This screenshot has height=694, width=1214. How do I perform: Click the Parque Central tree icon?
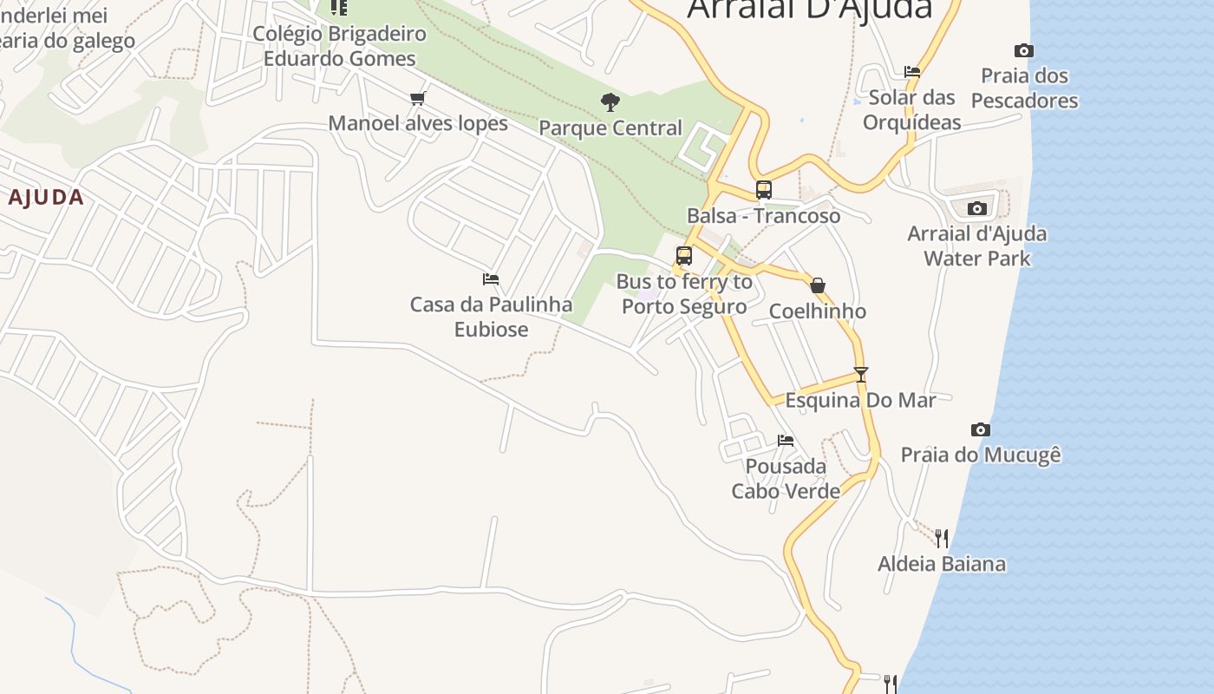(x=610, y=102)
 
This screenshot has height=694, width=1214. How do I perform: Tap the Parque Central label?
(x=610, y=128)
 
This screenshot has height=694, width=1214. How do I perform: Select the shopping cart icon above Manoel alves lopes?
(x=418, y=98)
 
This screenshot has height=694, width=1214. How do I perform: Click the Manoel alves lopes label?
(x=418, y=123)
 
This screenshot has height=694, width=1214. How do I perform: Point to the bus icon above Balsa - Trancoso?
(x=763, y=189)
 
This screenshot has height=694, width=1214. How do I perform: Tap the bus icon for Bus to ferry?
(x=684, y=256)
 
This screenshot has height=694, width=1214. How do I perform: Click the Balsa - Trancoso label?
(x=763, y=216)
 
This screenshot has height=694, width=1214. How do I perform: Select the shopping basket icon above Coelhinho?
(x=817, y=285)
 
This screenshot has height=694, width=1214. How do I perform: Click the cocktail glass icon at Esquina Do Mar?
(x=860, y=375)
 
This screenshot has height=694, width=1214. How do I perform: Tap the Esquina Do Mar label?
(x=860, y=400)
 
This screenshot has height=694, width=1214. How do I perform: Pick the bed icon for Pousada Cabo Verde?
(x=786, y=441)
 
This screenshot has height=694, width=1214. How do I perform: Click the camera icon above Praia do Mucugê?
(x=981, y=429)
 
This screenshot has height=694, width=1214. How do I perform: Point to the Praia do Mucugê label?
(x=981, y=455)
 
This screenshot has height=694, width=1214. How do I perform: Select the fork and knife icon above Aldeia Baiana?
(x=942, y=538)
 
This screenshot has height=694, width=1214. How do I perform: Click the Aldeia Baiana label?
(x=942, y=564)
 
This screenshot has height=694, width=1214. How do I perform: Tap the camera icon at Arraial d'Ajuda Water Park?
(x=977, y=208)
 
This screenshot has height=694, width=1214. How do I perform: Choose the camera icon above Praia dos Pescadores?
(x=1024, y=51)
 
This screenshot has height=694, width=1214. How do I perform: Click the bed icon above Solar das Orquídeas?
(x=911, y=72)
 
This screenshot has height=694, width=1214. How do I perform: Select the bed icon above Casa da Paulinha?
(x=491, y=279)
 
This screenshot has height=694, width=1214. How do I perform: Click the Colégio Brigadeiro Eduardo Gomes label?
(x=339, y=46)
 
